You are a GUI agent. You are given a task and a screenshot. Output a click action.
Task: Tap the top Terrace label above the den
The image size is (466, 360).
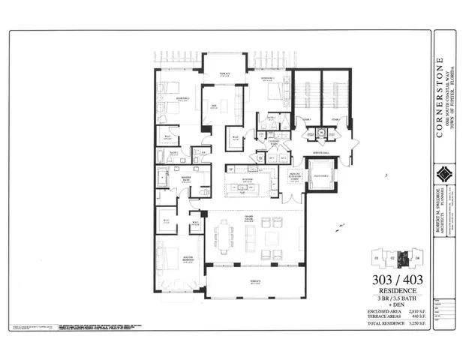(x=224, y=73)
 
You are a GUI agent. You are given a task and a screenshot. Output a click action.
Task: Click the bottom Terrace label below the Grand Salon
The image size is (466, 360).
(x=254, y=281)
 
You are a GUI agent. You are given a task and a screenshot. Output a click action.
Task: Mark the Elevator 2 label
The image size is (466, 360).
(x=322, y=174)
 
